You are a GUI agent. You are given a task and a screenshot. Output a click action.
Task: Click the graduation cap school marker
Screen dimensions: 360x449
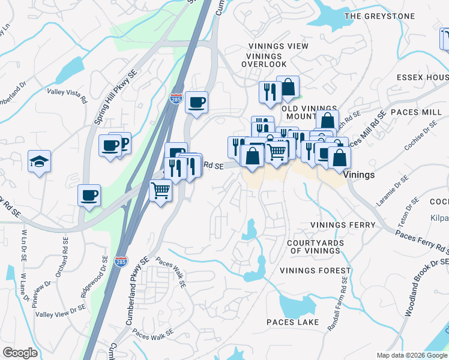tap(39, 161)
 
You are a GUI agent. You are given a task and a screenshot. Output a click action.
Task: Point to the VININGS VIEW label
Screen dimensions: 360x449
tap(278, 46)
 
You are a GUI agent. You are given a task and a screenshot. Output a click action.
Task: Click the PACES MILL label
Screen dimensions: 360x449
tap(416, 112)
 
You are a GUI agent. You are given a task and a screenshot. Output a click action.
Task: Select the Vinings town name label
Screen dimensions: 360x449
tap(360, 175)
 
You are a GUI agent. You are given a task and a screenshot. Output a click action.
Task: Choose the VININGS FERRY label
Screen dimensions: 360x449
tap(342, 225)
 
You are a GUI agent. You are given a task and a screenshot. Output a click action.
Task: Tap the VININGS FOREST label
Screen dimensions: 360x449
tap(315, 271)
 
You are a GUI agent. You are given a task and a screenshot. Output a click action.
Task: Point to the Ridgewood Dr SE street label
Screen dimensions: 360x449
tap(94, 277)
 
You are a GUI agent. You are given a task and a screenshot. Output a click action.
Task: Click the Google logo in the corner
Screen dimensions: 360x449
tap(20, 353)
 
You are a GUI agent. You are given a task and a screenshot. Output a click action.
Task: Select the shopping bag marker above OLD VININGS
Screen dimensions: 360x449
tap(288, 87)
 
